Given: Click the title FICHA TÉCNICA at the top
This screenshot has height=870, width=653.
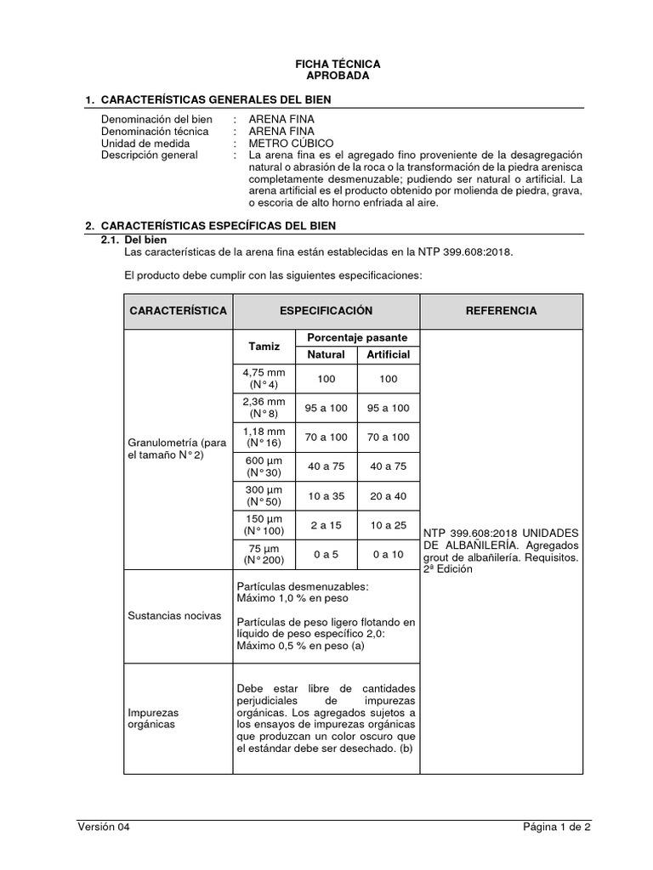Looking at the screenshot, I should (x=338, y=64).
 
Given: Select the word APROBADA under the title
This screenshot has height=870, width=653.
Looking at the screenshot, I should (x=338, y=76).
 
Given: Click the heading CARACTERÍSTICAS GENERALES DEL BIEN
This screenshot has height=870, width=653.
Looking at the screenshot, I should (x=215, y=100).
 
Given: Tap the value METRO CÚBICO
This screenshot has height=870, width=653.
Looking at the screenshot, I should (x=291, y=144).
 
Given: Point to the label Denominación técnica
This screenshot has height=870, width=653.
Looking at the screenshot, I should (x=154, y=132).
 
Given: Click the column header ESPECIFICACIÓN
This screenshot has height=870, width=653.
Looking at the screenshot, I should (x=326, y=311).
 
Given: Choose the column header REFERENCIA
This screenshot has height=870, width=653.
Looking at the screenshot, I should (x=501, y=311).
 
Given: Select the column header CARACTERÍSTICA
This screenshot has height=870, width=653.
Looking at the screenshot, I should (x=179, y=311).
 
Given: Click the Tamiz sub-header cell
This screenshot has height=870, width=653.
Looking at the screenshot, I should (x=264, y=347).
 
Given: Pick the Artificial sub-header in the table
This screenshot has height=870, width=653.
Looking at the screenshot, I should (x=388, y=354).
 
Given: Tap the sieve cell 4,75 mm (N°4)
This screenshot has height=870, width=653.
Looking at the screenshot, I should (x=264, y=379).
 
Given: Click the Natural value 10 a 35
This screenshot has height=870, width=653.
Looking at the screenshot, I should (x=326, y=495).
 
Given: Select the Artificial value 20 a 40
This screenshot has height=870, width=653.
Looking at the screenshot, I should (x=388, y=495).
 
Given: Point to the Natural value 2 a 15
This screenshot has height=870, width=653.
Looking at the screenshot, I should (x=326, y=525).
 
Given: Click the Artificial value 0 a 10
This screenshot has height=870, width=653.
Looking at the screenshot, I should (x=388, y=554).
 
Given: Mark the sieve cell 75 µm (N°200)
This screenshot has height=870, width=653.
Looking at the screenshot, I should (x=264, y=554).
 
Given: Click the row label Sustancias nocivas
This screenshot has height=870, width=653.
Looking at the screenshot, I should (x=174, y=615).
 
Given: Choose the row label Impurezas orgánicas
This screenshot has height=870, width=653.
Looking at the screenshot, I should (x=152, y=719).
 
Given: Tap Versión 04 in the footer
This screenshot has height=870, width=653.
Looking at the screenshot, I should (x=104, y=827).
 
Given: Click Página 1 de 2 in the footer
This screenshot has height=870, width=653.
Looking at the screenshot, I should (x=556, y=827).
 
